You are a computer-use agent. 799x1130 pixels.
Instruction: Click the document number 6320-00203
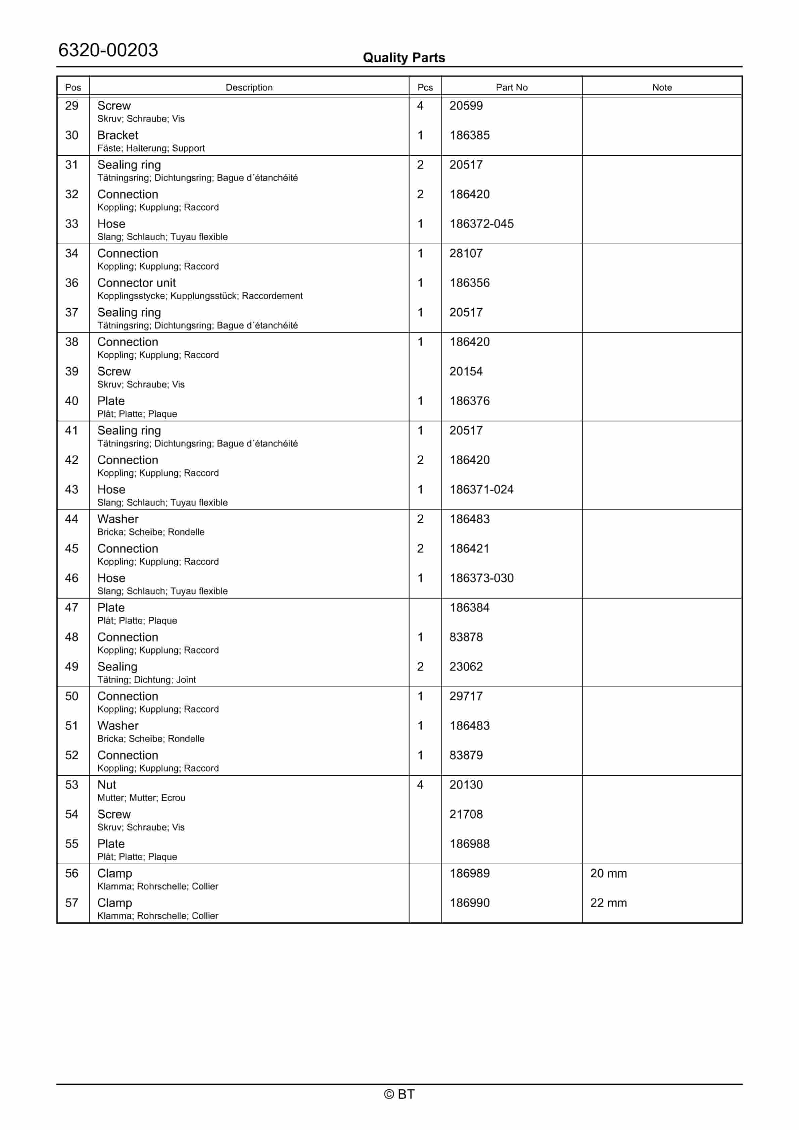click(x=108, y=50)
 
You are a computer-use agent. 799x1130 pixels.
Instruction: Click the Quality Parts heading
click(x=404, y=58)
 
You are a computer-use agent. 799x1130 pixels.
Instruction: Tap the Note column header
click(x=662, y=87)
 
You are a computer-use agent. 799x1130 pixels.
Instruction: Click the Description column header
click(x=249, y=87)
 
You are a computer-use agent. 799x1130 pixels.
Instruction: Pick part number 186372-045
click(x=481, y=224)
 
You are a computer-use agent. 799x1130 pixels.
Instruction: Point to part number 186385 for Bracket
click(x=469, y=135)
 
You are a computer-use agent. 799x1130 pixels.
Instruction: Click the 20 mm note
click(x=608, y=874)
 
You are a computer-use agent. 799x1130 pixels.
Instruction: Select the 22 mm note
click(x=608, y=903)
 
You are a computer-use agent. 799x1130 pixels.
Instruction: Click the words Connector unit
click(x=136, y=283)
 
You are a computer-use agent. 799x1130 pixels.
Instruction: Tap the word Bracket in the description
click(x=118, y=135)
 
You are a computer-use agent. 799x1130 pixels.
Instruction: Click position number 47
click(x=72, y=608)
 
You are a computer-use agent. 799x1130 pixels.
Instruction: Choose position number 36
click(x=72, y=283)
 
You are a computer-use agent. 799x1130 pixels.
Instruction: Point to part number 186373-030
click(x=481, y=578)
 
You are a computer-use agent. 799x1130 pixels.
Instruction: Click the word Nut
click(x=107, y=785)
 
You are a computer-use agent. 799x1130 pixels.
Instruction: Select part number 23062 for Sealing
click(x=466, y=667)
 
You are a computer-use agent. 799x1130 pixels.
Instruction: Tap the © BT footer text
click(x=399, y=1094)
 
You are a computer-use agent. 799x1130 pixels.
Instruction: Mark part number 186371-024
click(x=481, y=490)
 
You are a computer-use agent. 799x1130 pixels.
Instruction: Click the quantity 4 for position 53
click(x=420, y=785)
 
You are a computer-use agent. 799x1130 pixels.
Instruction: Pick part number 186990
click(x=469, y=903)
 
